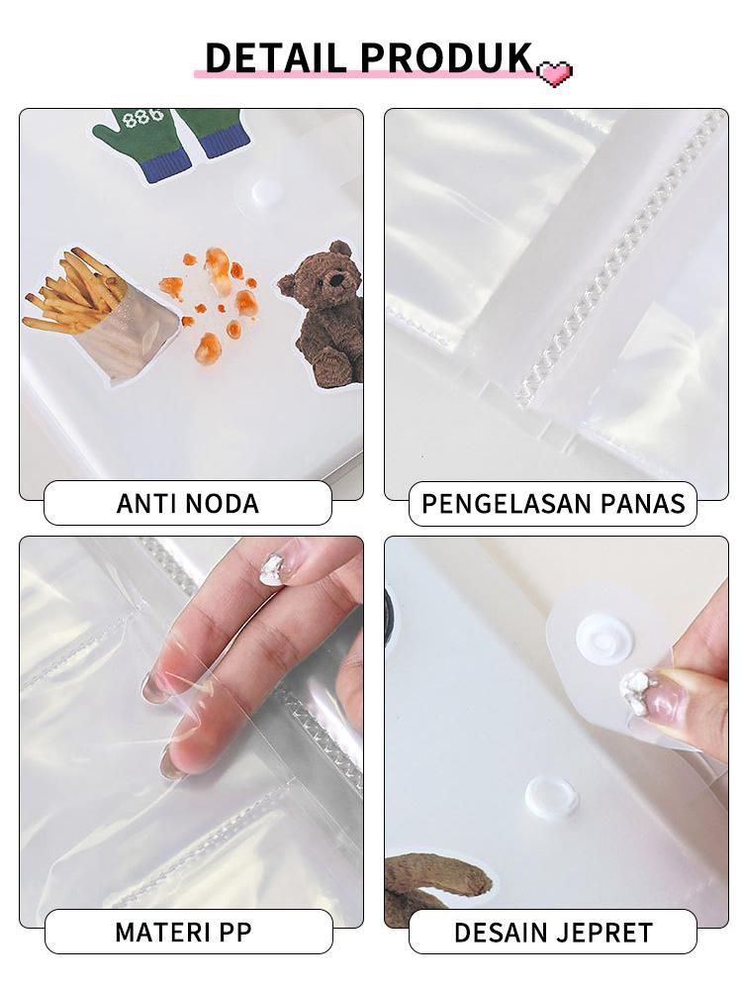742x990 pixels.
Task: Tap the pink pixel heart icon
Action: pos(554,73)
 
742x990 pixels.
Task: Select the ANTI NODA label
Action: pos(187,503)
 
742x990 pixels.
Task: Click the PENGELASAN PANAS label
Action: pos(552,503)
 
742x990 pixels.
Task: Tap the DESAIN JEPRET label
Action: pos(552,932)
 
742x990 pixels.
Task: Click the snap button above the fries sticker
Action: pos(265,191)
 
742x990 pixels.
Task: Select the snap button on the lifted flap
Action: pos(603,639)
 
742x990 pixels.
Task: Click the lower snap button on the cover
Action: pos(551,797)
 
